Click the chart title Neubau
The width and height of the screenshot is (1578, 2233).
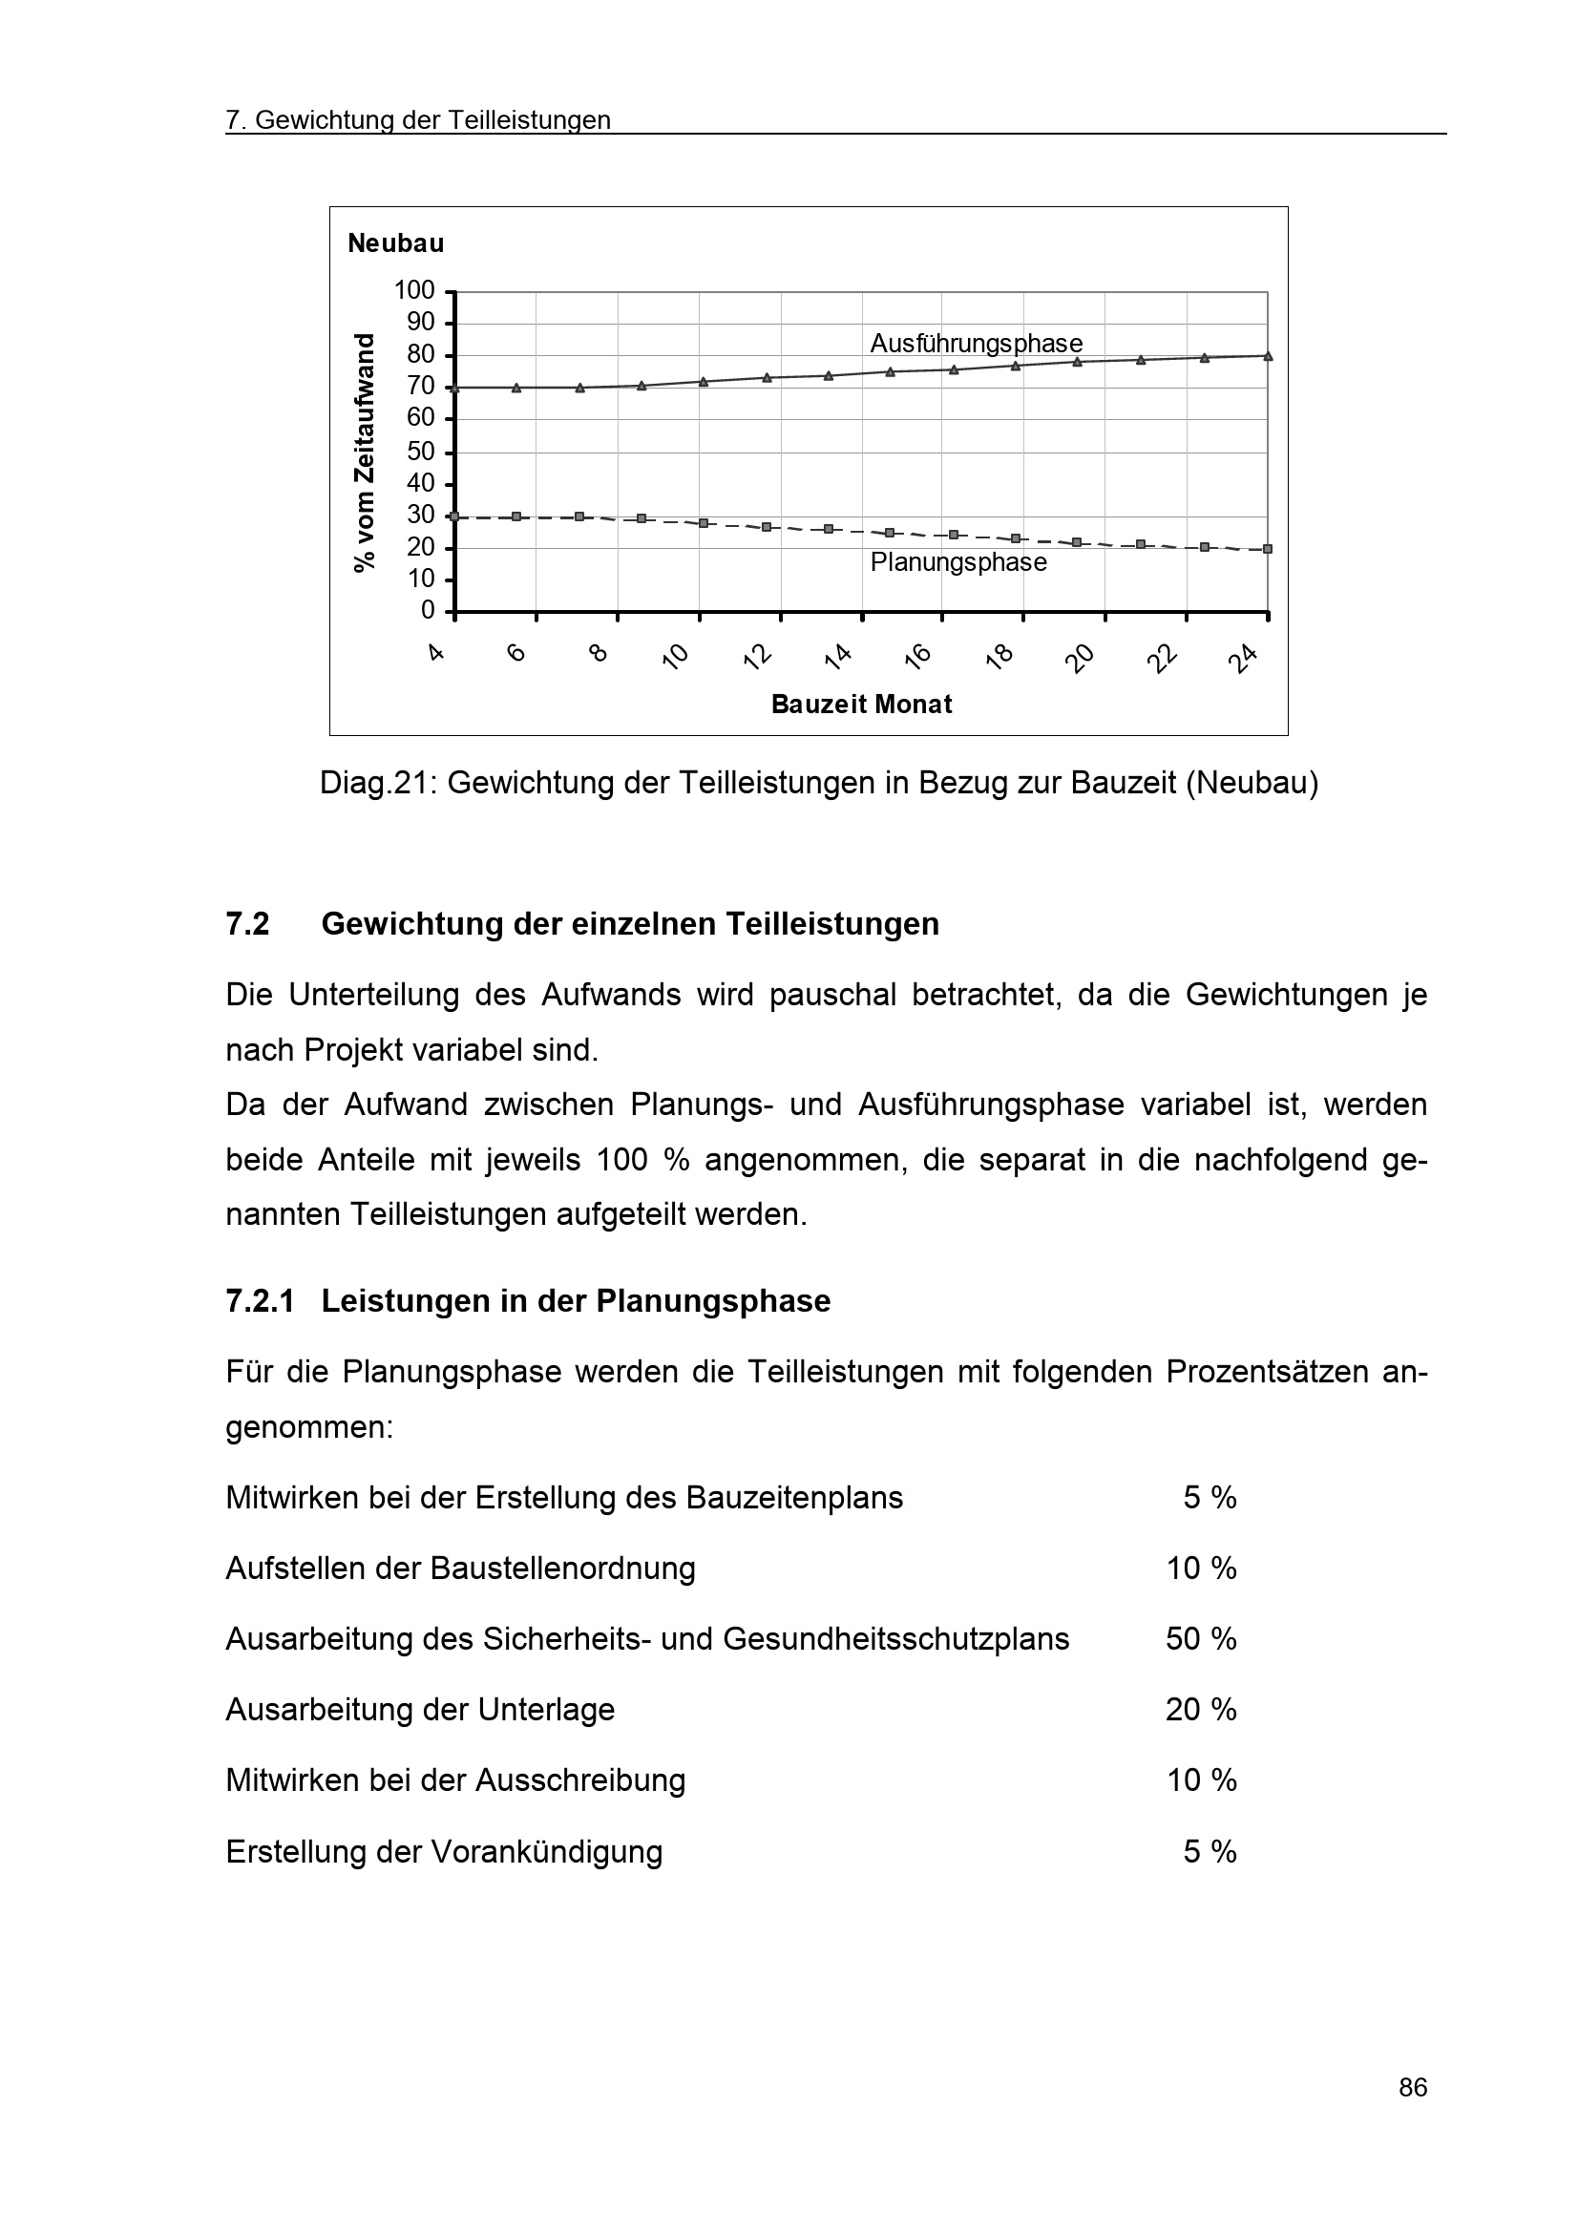click(396, 243)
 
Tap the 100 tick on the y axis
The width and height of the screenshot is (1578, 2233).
click(414, 290)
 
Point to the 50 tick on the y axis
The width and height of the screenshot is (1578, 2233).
click(421, 452)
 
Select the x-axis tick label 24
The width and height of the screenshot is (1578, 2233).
click(1242, 660)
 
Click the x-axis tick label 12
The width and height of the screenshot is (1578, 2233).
click(756, 658)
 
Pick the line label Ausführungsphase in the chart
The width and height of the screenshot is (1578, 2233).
click(977, 344)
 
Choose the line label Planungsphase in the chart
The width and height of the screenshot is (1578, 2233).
click(958, 562)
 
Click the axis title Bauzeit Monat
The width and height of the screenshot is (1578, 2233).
click(861, 705)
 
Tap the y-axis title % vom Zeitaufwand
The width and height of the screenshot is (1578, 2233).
click(364, 453)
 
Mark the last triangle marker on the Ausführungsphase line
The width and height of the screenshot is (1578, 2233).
click(1268, 356)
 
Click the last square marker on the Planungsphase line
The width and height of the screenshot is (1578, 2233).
click(1268, 550)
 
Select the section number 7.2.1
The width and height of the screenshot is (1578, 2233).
click(260, 1301)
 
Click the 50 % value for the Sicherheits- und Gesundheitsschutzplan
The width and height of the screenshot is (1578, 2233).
click(1201, 1639)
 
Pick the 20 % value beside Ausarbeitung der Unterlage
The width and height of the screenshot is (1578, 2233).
click(1201, 1710)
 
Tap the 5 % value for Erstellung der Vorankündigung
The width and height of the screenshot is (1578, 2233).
click(1210, 1852)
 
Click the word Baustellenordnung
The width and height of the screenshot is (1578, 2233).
click(563, 1569)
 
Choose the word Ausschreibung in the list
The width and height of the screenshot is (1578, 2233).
click(580, 1780)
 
